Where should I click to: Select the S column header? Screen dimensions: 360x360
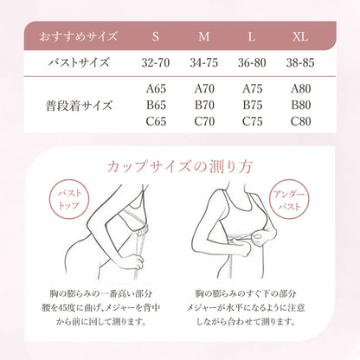pos(155,38)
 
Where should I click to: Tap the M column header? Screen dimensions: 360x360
pos(204,38)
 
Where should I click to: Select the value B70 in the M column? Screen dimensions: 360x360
pos(204,106)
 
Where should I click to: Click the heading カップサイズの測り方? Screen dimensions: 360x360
pos(179,165)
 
